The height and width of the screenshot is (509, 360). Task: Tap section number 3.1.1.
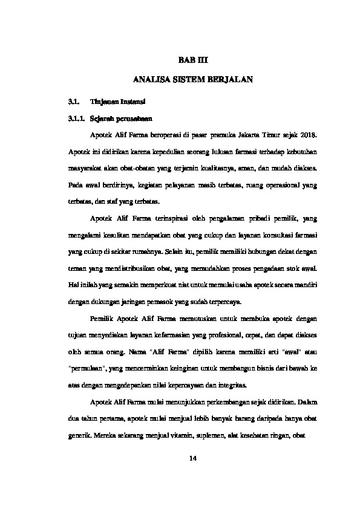(x=76, y=117)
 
